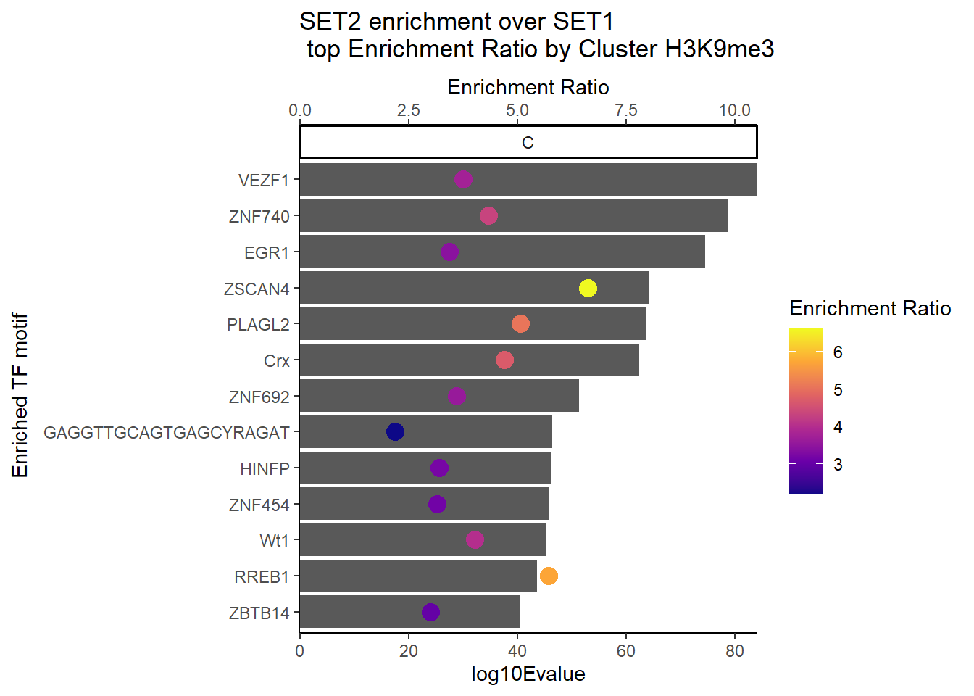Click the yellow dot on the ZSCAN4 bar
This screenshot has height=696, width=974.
588,288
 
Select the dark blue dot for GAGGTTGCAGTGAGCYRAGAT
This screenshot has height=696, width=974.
395,432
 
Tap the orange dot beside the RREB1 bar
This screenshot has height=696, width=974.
549,576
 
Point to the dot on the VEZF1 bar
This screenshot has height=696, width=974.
463,179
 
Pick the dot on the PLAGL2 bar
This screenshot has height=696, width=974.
520,324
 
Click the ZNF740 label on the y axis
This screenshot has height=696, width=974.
259,217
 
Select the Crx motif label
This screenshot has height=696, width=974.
276,361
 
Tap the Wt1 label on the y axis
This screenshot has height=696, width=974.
274,541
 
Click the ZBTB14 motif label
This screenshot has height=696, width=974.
259,613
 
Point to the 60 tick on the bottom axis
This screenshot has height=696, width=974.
625,651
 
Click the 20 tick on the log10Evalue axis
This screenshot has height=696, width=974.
408,651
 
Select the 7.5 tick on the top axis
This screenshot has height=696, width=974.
625,110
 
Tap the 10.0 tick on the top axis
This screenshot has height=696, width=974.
734,110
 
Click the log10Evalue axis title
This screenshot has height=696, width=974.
528,674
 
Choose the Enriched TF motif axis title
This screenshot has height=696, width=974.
20,396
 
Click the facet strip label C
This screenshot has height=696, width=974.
528,143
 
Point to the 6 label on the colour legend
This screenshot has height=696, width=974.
838,352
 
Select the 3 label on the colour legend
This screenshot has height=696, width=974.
838,465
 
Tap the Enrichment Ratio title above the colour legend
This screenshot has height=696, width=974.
870,309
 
